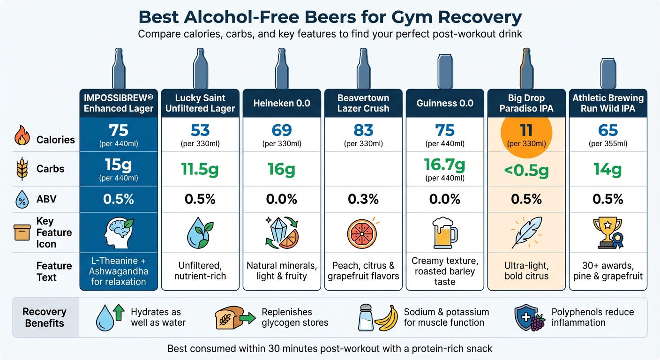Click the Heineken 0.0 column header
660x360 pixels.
(x=282, y=103)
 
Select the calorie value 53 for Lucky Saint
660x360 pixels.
(x=200, y=130)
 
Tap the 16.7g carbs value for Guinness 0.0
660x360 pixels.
(x=445, y=165)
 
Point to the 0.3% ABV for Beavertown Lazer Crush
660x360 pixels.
(x=363, y=199)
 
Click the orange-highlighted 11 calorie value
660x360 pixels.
(x=526, y=130)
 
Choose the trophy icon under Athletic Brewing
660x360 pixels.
(x=607, y=232)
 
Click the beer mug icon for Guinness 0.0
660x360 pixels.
(x=444, y=232)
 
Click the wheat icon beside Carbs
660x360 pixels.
(x=22, y=169)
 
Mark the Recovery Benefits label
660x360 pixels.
(x=45, y=317)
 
